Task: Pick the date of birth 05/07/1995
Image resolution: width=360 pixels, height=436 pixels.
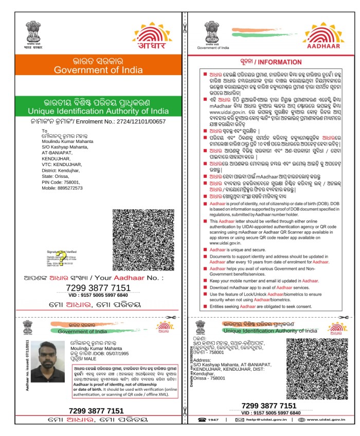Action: point(108,354)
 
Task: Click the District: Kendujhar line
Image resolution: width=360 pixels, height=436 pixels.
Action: point(65,170)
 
